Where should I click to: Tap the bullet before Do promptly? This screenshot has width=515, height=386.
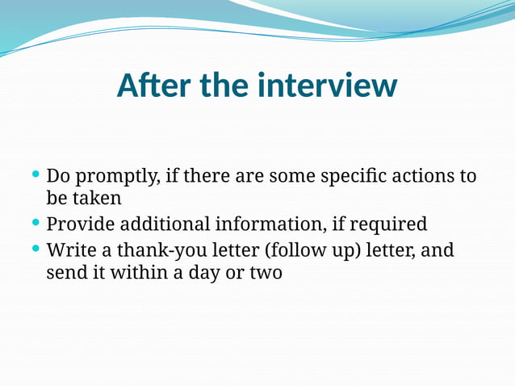click(x=35, y=174)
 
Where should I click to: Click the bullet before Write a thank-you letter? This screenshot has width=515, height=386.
click(x=35, y=248)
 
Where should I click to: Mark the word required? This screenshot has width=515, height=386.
click(x=390, y=224)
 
